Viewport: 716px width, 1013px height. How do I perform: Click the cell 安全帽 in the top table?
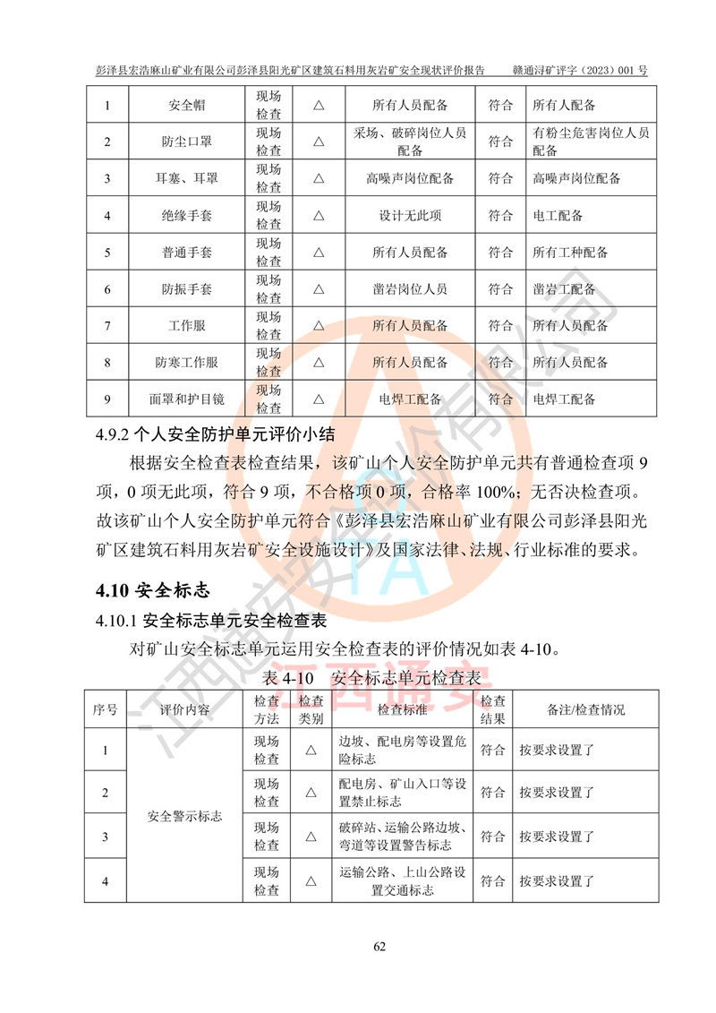tap(186, 106)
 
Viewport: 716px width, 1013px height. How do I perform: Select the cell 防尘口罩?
tap(186, 142)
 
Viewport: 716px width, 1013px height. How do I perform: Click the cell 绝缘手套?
tap(186, 216)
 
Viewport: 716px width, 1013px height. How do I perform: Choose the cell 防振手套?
tap(186, 289)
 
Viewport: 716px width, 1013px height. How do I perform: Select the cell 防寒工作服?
tap(186, 363)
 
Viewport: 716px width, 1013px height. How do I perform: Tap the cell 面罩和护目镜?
tap(186, 399)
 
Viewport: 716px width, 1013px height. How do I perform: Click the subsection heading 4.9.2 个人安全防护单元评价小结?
tap(215, 436)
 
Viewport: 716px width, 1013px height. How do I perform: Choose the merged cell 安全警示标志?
tap(185, 816)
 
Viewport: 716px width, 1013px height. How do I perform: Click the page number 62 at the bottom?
tap(379, 948)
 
